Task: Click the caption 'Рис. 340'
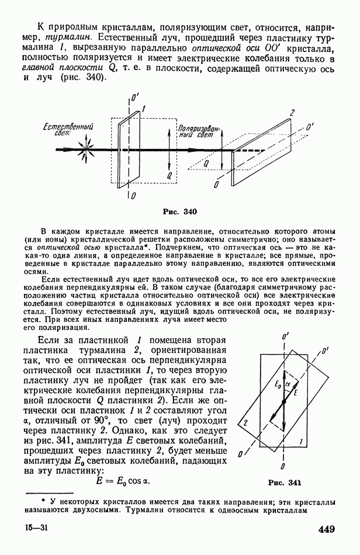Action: (x=181, y=211)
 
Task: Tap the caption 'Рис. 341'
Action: (x=284, y=483)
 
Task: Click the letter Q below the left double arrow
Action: (x=168, y=175)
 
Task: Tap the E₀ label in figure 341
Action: (x=278, y=384)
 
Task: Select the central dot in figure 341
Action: (x=283, y=402)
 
